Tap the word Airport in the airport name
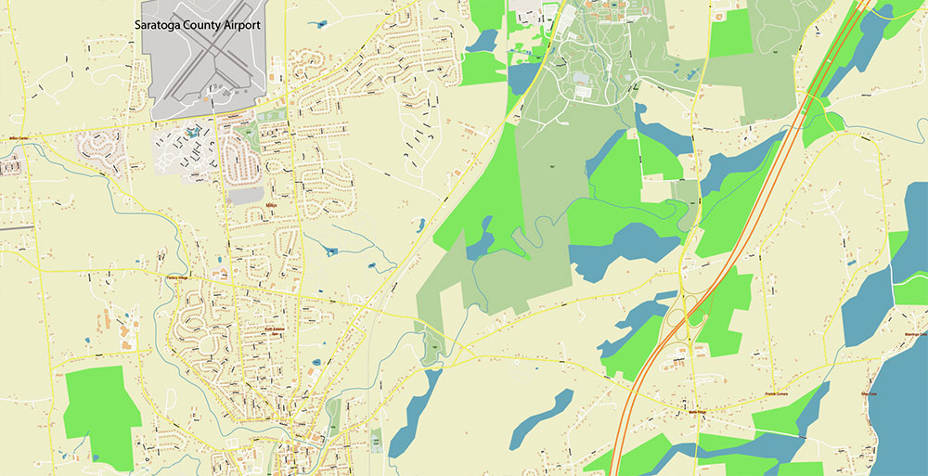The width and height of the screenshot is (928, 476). click(238, 25)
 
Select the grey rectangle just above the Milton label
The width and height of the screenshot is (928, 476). click(245, 195)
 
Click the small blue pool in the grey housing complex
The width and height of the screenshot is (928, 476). click(191, 133)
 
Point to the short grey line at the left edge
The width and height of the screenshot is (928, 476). click(17, 225)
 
